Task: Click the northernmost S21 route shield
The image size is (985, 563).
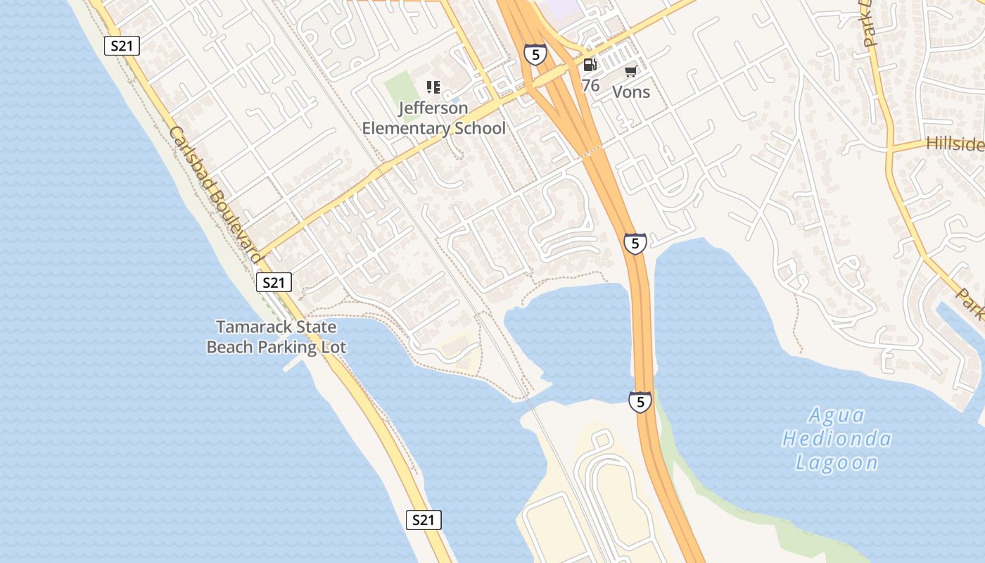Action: pyautogui.click(x=122, y=46)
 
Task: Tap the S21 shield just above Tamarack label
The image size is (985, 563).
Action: pyautogui.click(x=273, y=282)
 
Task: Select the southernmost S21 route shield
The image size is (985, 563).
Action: pyautogui.click(x=424, y=520)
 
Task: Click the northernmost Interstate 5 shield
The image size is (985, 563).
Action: pyautogui.click(x=535, y=53)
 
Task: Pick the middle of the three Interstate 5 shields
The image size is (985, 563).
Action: pyautogui.click(x=635, y=243)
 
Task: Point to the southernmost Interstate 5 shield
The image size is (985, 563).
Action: pyautogui.click(x=640, y=402)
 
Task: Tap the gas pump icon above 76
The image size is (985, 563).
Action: pyautogui.click(x=590, y=65)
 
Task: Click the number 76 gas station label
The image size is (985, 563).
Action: pyautogui.click(x=590, y=85)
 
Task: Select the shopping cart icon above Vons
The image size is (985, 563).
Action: pyautogui.click(x=630, y=71)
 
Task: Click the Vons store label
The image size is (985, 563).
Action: pyautogui.click(x=631, y=91)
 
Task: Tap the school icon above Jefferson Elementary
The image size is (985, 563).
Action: pyautogui.click(x=433, y=87)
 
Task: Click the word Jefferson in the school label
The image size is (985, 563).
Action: pyautogui.click(x=433, y=108)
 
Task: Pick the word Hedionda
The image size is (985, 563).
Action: pyautogui.click(x=837, y=439)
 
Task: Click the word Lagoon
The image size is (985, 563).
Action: pyautogui.click(x=837, y=462)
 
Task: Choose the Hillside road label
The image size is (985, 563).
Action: pyautogui.click(x=955, y=144)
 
